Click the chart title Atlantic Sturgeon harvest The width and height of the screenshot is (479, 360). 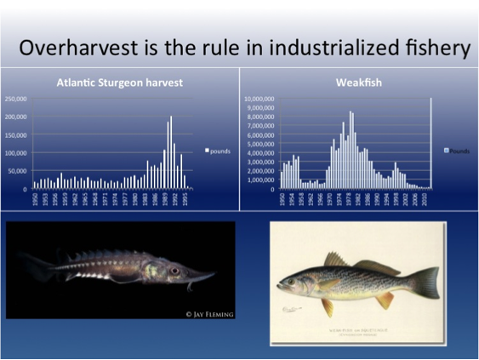(120, 83)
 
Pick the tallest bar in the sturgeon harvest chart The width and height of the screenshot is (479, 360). (170, 151)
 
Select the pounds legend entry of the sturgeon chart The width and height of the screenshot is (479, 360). (219, 151)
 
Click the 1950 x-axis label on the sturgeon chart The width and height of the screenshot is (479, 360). (35, 202)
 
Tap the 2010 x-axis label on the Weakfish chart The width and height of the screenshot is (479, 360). (427, 202)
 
